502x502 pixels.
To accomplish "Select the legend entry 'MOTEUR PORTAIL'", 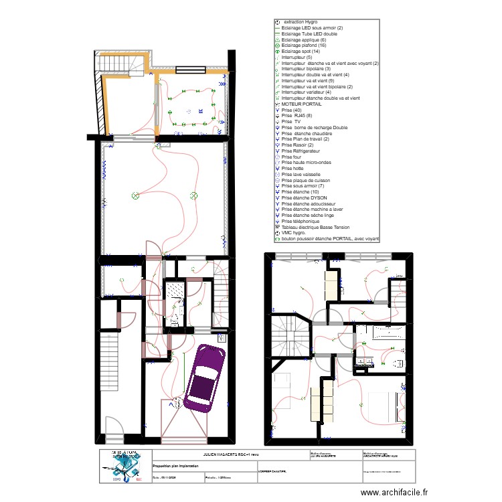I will pyautogui.click(x=303, y=104).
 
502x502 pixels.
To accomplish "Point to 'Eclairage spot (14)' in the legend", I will pyautogui.click(x=301, y=52).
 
